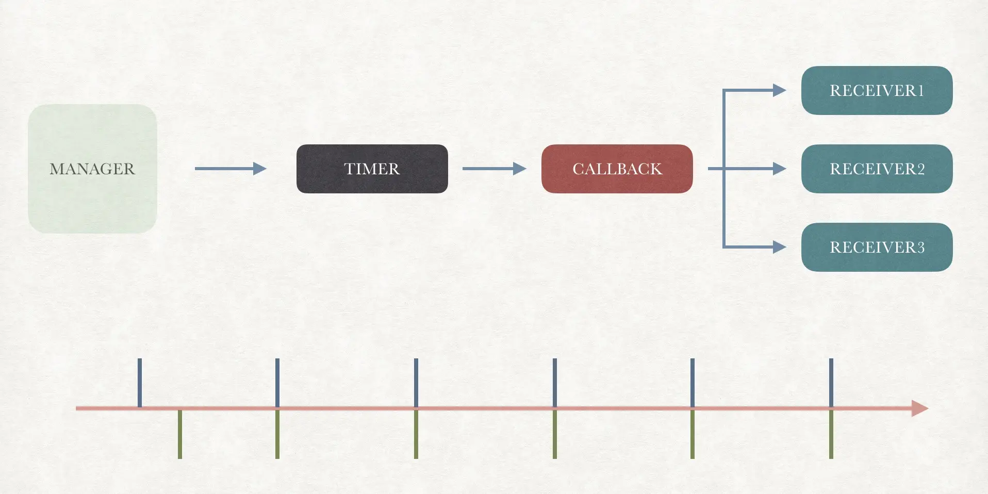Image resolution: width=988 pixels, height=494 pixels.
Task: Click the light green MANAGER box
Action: [92, 169]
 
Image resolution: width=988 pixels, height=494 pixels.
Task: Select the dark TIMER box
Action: [372, 169]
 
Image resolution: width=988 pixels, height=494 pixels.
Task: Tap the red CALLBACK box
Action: [617, 169]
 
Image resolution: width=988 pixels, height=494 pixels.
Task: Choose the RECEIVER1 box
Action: [877, 90]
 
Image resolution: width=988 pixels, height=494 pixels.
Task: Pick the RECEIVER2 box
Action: [877, 169]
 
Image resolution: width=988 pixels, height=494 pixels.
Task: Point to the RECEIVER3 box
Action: [877, 247]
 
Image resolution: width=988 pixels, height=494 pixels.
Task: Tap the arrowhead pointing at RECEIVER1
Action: [779, 90]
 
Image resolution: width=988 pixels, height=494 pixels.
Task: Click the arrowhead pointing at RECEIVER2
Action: [779, 169]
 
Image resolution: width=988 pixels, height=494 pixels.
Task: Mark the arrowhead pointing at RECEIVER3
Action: [779, 247]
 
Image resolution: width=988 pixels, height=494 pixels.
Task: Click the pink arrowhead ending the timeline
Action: [919, 408]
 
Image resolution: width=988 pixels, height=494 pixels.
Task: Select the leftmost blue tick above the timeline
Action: [140, 382]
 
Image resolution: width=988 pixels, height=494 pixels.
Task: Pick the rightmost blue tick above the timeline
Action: [831, 382]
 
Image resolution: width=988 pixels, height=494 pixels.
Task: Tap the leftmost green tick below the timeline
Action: [180, 434]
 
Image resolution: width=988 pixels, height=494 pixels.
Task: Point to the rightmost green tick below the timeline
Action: [831, 434]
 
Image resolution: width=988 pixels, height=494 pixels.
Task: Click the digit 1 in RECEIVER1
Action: [920, 91]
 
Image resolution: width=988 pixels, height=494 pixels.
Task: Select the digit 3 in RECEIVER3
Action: [920, 248]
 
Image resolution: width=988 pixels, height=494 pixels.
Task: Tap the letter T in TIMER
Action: [349, 169]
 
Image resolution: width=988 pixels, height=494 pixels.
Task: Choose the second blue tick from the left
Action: [277, 382]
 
